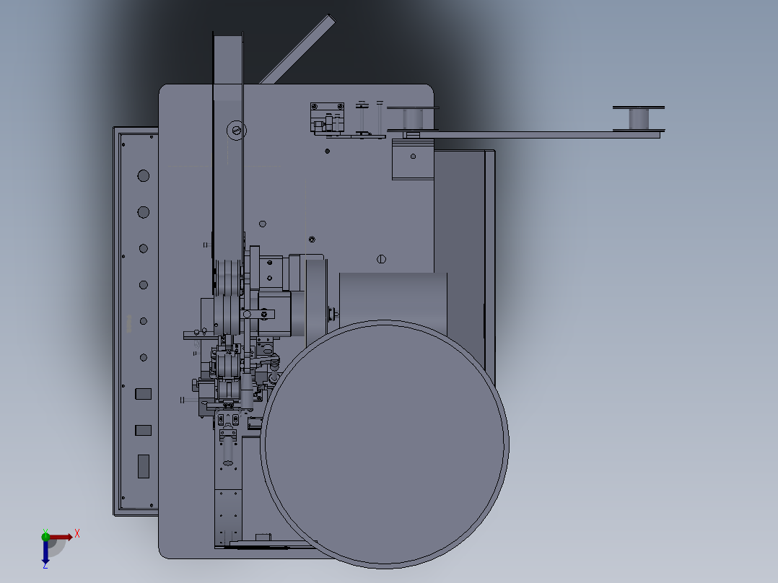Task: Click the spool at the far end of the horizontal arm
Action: click(x=639, y=118)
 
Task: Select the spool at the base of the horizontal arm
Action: click(x=413, y=119)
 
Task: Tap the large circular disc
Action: click(x=385, y=444)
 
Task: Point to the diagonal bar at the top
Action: click(x=297, y=50)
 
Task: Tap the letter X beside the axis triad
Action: click(x=77, y=534)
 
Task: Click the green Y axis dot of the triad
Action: click(x=45, y=536)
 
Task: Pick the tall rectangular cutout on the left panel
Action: click(x=144, y=466)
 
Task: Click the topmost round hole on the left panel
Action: click(x=144, y=175)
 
